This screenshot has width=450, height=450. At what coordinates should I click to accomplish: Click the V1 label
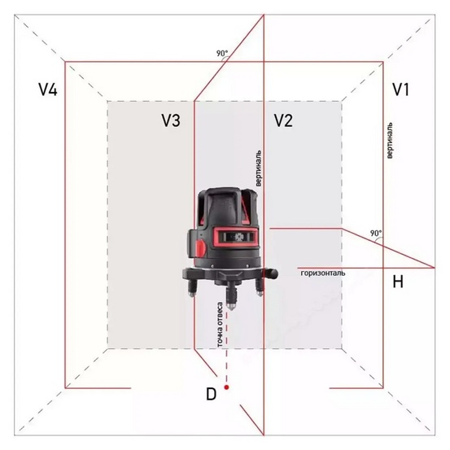tap(400, 90)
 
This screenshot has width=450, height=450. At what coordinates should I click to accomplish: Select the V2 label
tap(282, 120)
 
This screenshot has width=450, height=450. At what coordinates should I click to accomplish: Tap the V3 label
tap(170, 120)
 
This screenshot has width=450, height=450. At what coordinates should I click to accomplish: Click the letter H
tap(398, 282)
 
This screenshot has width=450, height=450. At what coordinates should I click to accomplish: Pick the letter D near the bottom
tap(211, 395)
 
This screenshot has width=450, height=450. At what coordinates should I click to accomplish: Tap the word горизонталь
tap(323, 273)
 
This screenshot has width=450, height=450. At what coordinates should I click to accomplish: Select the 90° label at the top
tap(222, 54)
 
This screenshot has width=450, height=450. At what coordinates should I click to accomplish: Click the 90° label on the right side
tap(375, 233)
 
